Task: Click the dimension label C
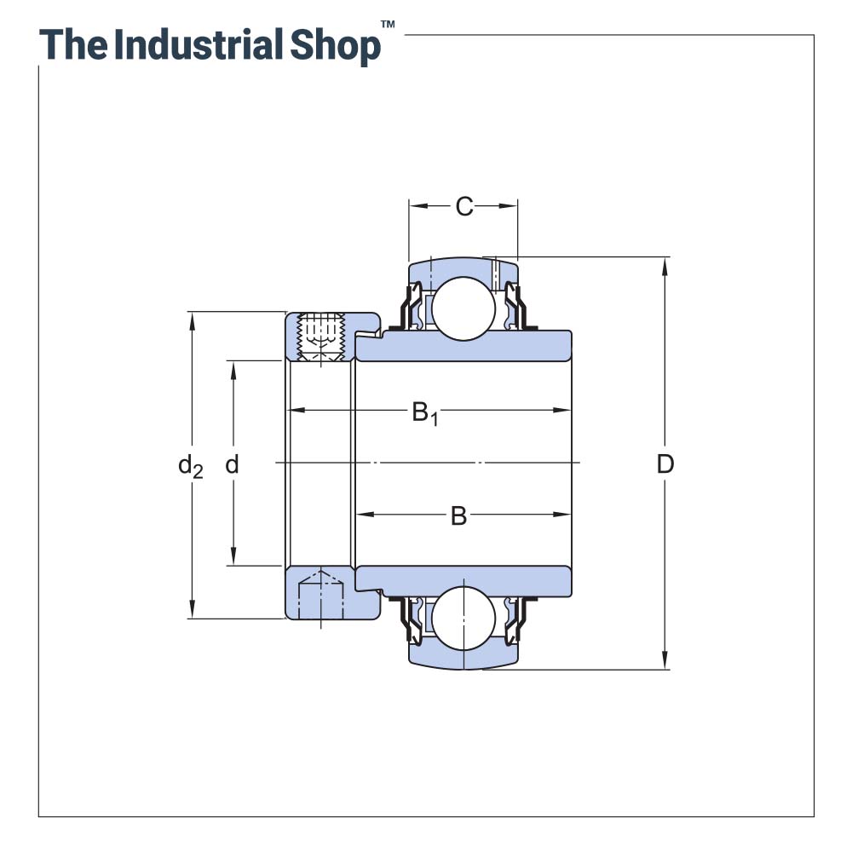point(463,206)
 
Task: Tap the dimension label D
point(665,464)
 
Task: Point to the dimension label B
point(458,516)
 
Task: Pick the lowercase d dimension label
point(232,465)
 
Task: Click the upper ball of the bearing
point(463,308)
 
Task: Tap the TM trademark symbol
point(388,26)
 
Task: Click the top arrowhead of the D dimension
point(665,265)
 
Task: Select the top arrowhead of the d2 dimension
point(193,320)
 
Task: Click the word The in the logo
point(72,44)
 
